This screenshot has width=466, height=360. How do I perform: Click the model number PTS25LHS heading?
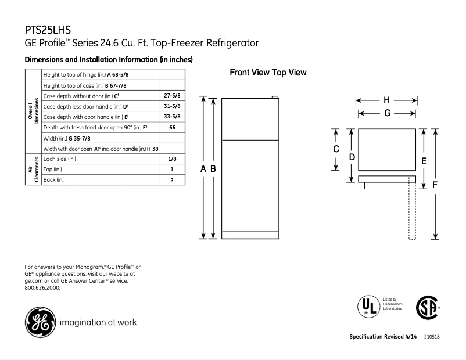(48, 30)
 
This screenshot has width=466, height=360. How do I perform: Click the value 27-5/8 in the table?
(172, 95)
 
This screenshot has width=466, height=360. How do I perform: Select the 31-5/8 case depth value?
(172, 106)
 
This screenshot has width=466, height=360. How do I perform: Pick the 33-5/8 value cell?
(172, 117)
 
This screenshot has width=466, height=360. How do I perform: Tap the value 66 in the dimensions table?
(172, 127)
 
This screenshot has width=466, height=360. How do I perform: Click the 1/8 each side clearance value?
(172, 159)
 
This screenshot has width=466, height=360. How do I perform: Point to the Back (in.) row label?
(54, 180)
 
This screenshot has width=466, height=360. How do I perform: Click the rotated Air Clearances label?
(33, 170)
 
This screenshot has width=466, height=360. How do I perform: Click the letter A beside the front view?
(203, 168)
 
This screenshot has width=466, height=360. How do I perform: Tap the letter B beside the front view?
(213, 168)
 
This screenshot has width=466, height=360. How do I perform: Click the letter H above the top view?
(386, 100)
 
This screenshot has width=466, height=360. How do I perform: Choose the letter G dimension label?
(386, 113)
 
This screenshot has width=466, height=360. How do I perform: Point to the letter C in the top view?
(336, 149)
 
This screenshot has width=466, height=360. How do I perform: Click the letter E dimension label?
(424, 161)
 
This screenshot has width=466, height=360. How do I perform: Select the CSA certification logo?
(426, 306)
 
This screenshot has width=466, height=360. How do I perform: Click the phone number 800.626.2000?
(43, 288)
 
